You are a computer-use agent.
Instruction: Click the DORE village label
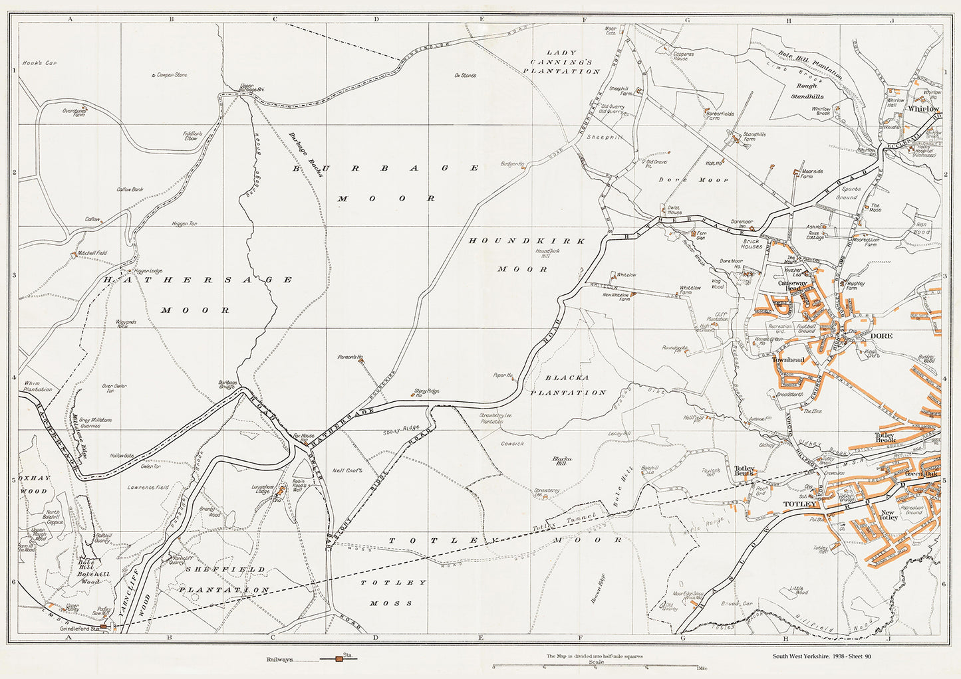tap(881, 336)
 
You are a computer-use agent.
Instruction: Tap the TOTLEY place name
tap(799, 504)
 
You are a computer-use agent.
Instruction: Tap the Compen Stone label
tap(172, 75)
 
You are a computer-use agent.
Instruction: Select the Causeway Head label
tap(793, 285)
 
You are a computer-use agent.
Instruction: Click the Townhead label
tap(788, 360)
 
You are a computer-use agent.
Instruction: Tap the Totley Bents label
tap(744, 470)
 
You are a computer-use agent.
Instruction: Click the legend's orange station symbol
tap(339, 659)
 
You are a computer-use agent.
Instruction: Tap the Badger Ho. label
tap(513, 163)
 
